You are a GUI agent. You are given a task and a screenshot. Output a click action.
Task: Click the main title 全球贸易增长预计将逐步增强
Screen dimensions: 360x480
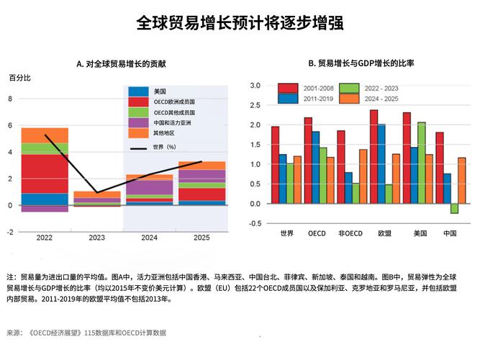[x=240, y=23]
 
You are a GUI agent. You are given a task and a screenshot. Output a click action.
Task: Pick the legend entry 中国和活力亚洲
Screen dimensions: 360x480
[x=175, y=123]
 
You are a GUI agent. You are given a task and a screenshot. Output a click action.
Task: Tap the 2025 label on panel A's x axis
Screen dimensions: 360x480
[x=201, y=238]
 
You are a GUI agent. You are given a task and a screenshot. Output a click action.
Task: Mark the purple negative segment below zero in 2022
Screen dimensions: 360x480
[x=45, y=209]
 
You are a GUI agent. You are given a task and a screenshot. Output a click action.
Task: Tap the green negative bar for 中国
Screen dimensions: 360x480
[x=454, y=209]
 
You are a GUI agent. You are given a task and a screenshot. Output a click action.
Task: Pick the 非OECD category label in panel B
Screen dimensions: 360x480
[x=350, y=233]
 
